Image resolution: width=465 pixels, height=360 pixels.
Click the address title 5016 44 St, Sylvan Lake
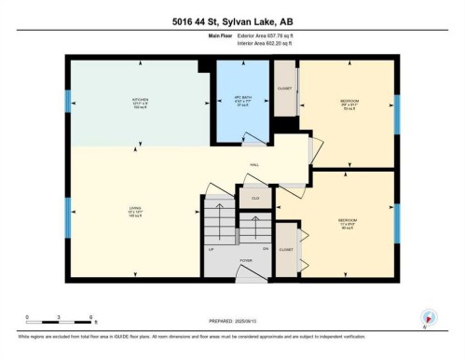[x=232, y=21]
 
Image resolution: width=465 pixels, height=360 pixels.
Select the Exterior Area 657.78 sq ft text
[x=245, y=36]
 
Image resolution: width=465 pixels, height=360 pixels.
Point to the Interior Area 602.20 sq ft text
[x=245, y=44]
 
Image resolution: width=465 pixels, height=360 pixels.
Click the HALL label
[x=253, y=165]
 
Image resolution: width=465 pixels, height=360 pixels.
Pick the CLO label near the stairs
[x=253, y=199]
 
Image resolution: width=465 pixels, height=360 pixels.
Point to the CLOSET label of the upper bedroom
[x=284, y=90]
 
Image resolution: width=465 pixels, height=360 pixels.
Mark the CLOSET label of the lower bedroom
[x=286, y=250]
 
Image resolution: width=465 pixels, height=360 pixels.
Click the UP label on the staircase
[x=210, y=249]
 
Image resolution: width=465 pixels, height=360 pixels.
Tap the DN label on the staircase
[x=266, y=249]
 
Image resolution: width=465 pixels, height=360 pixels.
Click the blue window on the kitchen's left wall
[x=67, y=101]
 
